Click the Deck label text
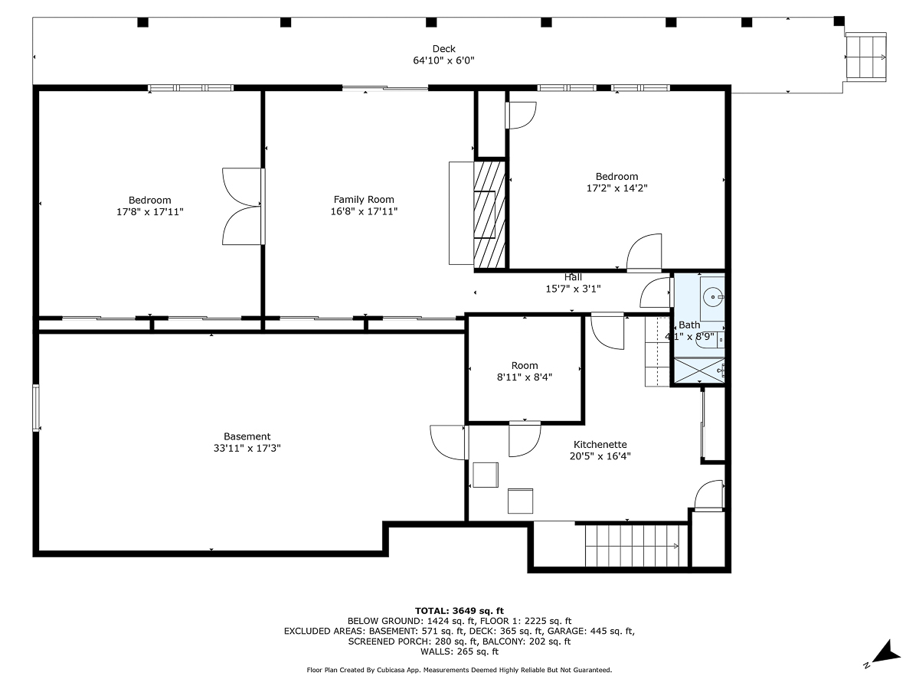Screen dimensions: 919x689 point(443,49)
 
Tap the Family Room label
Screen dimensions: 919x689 point(364,200)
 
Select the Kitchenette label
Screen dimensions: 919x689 point(600,444)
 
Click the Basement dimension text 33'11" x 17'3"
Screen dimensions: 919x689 point(247,448)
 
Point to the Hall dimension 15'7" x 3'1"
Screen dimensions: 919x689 point(573,289)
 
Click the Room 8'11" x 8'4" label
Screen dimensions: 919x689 point(525,371)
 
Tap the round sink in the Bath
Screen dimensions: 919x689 point(713,297)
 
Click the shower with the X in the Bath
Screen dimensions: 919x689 point(699,371)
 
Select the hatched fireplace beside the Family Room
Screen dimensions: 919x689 point(489,214)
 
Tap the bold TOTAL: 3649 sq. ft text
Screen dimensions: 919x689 point(459,611)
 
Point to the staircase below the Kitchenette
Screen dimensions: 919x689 point(636,546)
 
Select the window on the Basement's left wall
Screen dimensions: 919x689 point(36,407)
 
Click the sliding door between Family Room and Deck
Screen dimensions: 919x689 point(385,88)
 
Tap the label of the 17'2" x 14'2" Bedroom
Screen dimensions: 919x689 point(616,182)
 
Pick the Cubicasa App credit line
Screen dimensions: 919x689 point(459,670)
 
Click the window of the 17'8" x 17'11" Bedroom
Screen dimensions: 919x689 point(191,88)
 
